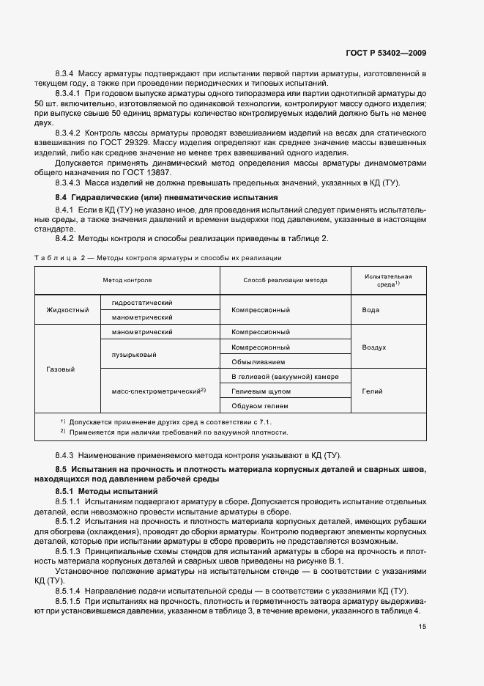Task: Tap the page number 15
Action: coord(422,627)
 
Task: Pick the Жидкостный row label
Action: coord(67,310)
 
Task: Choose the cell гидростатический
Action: coord(142,303)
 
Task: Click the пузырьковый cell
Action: coord(132,355)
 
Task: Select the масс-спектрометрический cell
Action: coord(158,391)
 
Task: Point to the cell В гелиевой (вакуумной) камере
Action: coord(285,377)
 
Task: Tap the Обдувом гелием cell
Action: coord(259,406)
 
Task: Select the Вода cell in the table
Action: coord(371,310)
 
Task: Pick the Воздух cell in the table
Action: coord(373,347)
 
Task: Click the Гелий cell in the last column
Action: coord(372,391)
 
